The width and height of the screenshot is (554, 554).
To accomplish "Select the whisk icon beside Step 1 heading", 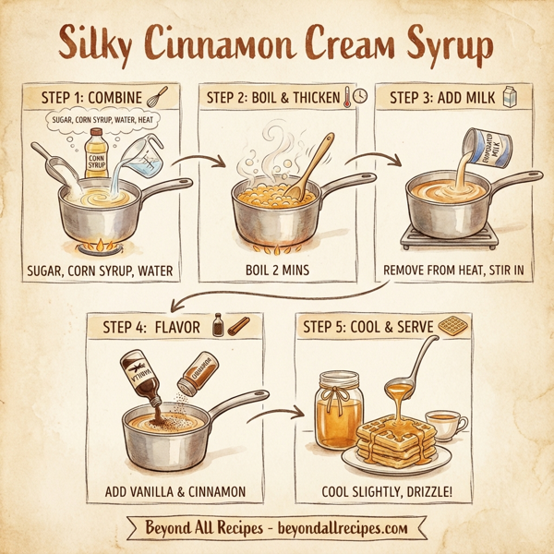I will point(156,96).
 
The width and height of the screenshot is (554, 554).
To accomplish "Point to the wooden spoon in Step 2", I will point(308,166).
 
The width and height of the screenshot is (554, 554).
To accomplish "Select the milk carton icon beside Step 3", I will point(509,95).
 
